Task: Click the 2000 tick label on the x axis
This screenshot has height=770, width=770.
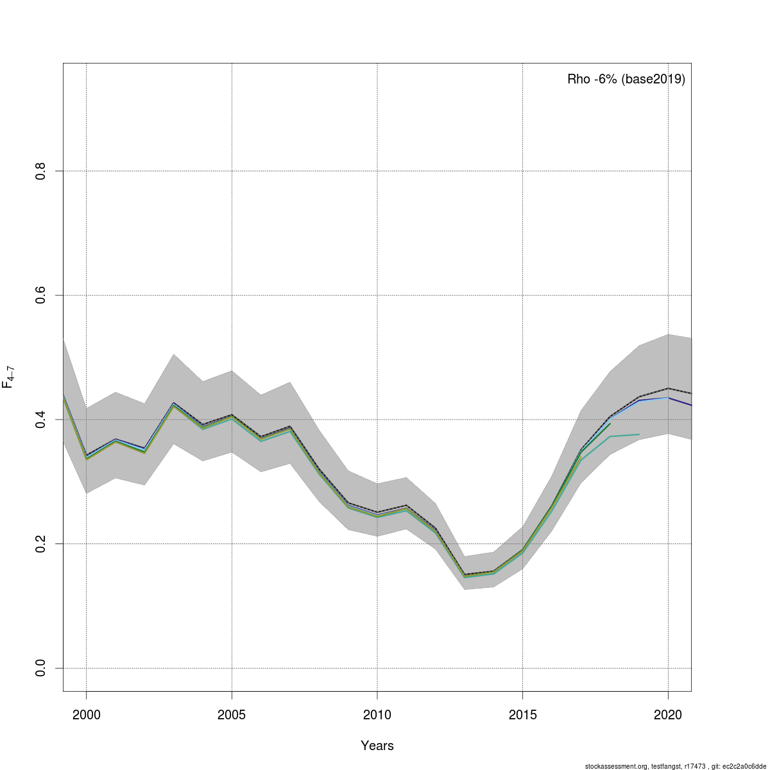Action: point(86,714)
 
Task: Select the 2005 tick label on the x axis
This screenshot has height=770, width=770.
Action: point(232,714)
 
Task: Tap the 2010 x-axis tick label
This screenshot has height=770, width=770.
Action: point(377,714)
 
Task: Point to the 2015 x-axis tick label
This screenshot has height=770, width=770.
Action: point(523,714)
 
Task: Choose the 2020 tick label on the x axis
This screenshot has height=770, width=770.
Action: point(669,714)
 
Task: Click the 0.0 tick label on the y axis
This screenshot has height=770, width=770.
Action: point(40,668)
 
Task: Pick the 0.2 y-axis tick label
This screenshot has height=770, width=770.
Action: point(40,543)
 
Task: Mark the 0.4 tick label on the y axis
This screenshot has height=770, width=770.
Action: point(40,420)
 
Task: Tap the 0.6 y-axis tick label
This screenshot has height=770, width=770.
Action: point(40,295)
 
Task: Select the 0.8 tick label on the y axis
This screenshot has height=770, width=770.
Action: point(40,171)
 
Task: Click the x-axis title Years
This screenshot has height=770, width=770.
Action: point(377,746)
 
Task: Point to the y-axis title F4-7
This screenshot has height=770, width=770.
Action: point(9,377)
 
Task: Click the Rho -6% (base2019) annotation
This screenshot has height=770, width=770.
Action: point(626,80)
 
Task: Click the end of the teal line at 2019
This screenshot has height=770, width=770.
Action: point(639,434)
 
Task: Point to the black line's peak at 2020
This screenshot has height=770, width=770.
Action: point(669,388)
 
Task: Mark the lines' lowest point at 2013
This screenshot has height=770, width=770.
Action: point(465,575)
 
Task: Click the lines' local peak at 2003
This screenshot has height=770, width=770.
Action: point(173,404)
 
